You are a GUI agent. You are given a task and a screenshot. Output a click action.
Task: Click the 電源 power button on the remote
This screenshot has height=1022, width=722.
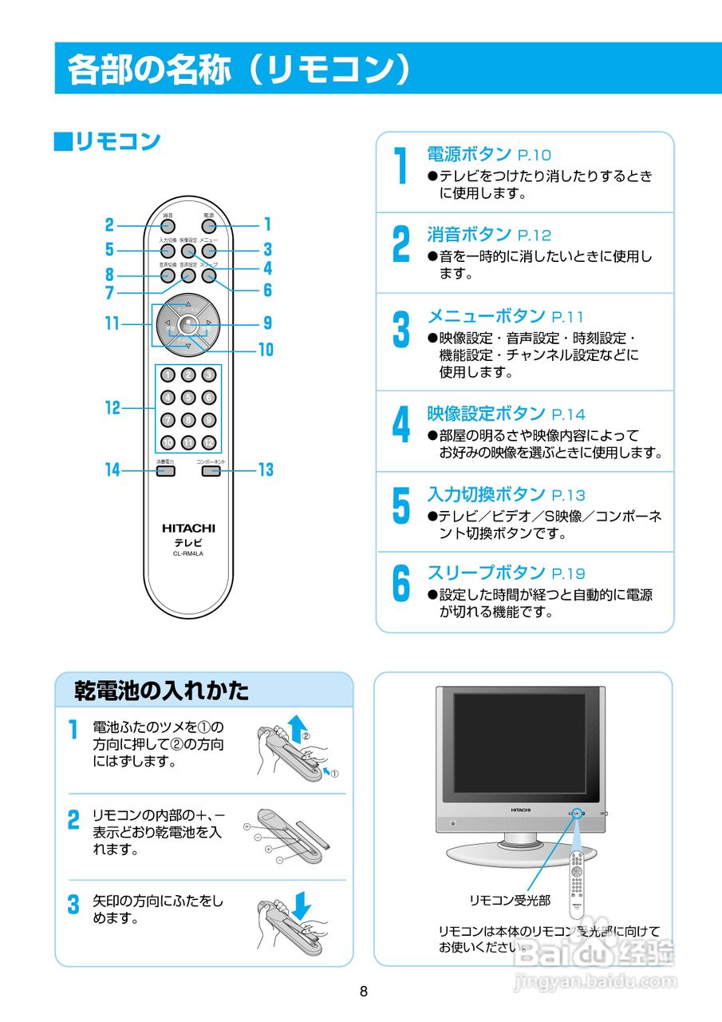[208, 225]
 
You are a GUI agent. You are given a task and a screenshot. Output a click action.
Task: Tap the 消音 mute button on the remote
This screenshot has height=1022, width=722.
[168, 225]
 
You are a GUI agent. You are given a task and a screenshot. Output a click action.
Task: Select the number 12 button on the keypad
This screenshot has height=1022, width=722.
[208, 442]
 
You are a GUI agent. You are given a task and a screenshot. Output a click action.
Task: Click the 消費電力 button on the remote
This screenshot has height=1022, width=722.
[165, 471]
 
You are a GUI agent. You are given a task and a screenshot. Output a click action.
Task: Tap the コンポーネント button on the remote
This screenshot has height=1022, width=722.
[211, 471]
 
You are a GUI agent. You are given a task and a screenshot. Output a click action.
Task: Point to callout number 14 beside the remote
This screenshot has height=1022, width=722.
[112, 470]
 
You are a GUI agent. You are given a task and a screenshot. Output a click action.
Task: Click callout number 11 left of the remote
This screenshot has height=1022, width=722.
[112, 324]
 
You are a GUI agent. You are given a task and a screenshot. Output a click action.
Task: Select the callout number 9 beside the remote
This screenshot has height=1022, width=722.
[267, 323]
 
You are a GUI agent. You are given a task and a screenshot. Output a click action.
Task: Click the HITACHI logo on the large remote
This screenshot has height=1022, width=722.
[188, 529]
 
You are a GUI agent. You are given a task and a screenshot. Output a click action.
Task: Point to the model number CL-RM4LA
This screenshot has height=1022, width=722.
[188, 555]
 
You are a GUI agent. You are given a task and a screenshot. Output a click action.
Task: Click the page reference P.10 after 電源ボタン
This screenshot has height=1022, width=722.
[534, 155]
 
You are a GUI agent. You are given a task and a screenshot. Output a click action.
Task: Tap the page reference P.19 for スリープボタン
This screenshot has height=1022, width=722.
[568, 573]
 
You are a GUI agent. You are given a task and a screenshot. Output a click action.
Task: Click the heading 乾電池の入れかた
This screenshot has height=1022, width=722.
[161, 690]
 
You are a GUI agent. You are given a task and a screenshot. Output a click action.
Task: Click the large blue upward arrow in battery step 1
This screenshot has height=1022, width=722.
[298, 728]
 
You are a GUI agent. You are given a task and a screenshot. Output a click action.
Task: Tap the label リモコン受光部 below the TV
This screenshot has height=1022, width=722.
[509, 900]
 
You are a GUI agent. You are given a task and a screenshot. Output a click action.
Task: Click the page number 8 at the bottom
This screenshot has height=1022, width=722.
[364, 992]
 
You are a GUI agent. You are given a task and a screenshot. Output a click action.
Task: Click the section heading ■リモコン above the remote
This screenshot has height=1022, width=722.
[107, 142]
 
